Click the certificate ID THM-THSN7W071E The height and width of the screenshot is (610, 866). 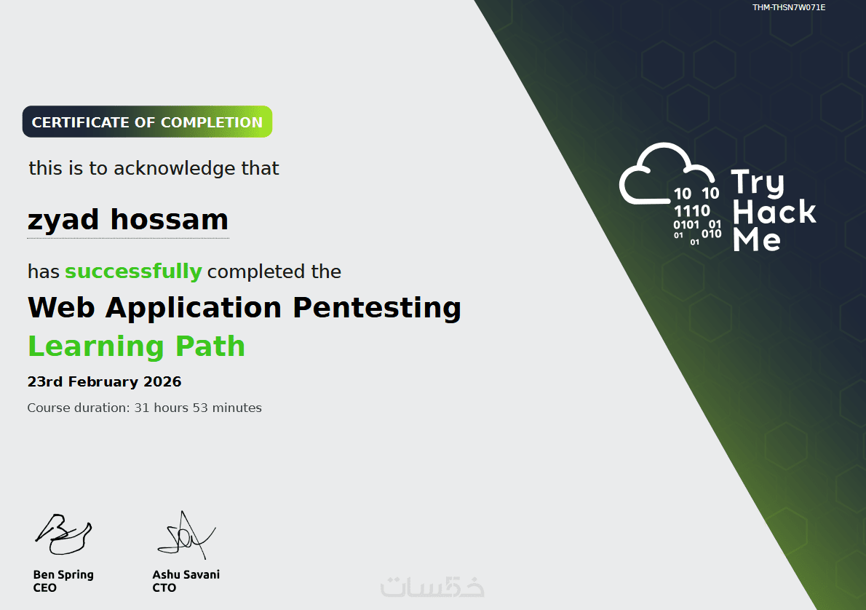[x=789, y=7]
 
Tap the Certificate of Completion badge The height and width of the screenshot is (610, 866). [x=148, y=122]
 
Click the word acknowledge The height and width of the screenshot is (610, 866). [x=175, y=169]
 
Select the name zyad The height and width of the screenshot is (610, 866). [x=63, y=221]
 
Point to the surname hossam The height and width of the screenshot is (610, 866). [x=170, y=219]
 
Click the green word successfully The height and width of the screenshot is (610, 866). [x=134, y=272]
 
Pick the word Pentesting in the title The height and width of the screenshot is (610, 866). [x=377, y=309]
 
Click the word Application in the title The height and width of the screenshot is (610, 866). [x=194, y=309]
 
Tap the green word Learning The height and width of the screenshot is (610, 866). [x=96, y=347]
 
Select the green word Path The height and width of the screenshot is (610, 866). [x=210, y=346]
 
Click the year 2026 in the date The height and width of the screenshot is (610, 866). [x=162, y=382]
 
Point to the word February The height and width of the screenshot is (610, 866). [x=103, y=382]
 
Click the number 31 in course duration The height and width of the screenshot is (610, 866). [x=142, y=408]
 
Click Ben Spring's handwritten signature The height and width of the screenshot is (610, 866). [x=63, y=534]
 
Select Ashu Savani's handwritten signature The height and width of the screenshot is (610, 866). [x=186, y=535]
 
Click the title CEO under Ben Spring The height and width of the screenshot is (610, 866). [x=44, y=588]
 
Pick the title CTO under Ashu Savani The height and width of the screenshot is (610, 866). [x=164, y=588]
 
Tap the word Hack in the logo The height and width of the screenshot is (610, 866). [x=774, y=212]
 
